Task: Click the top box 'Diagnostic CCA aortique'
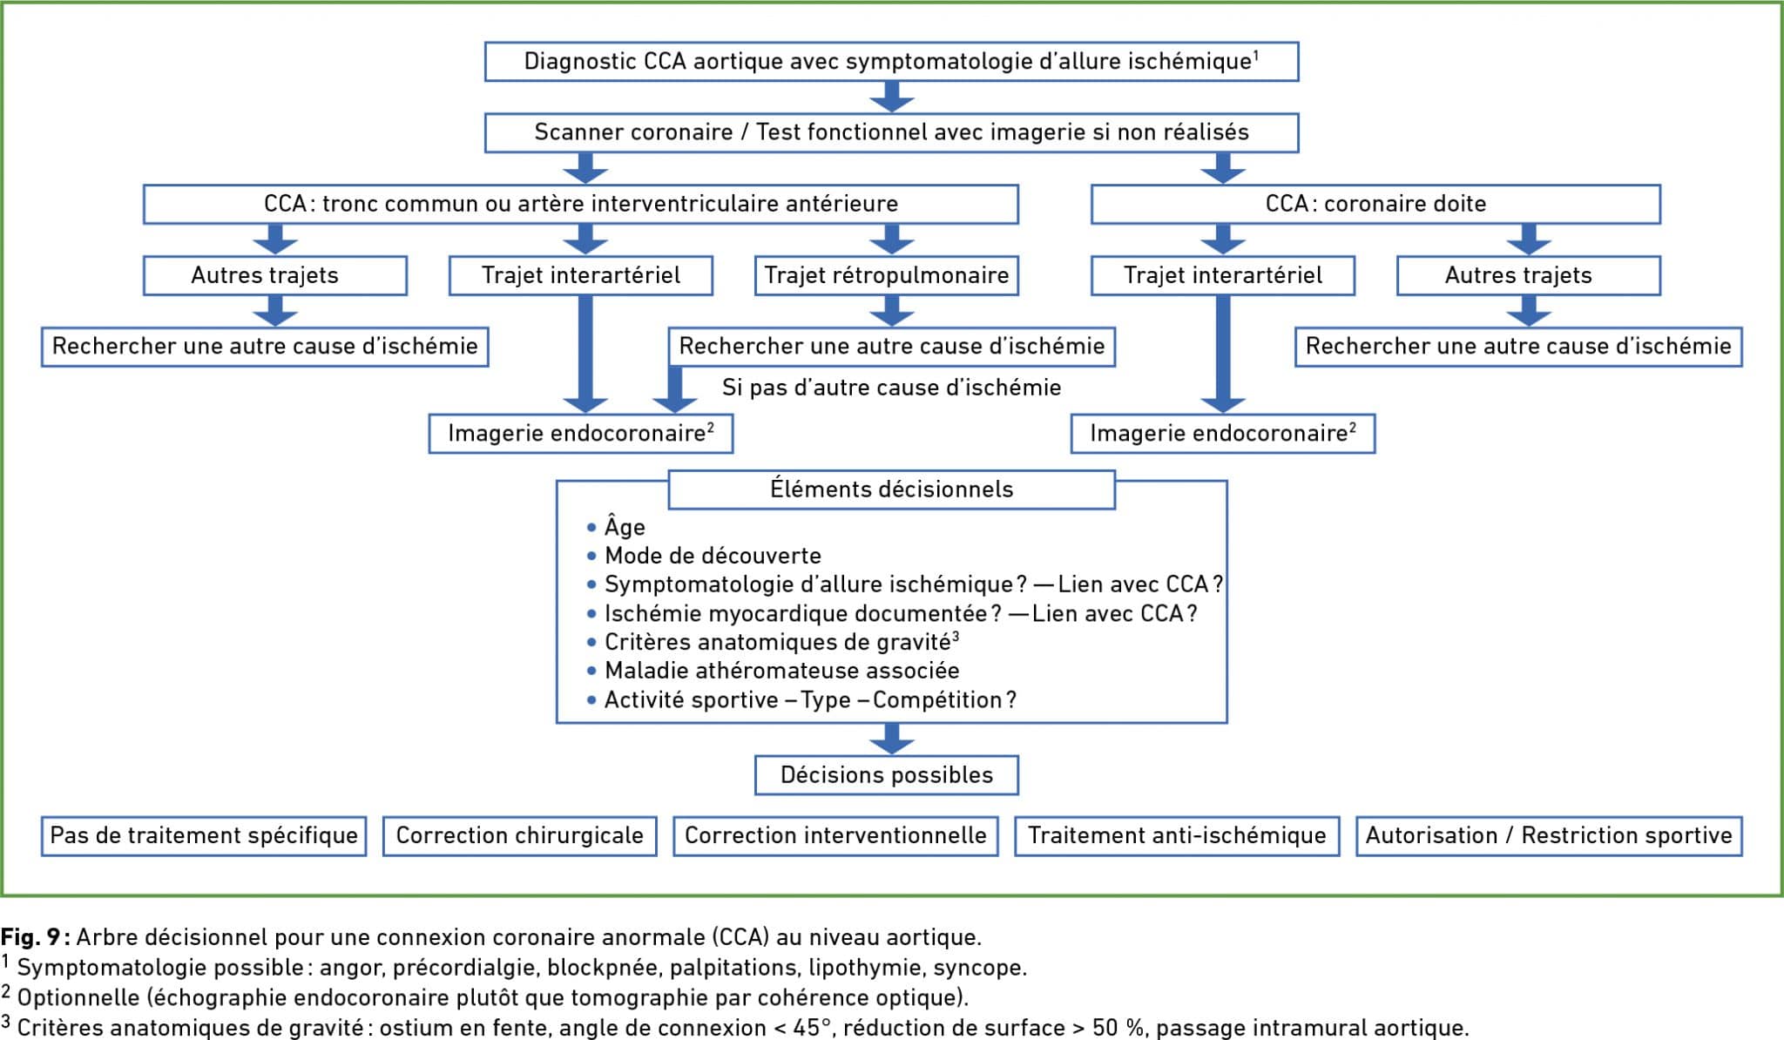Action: [891, 62]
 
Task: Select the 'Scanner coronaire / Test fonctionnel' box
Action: [891, 132]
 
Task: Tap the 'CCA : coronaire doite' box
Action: [1375, 204]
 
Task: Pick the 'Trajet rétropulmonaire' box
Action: [886, 275]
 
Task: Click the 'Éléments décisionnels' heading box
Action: [891, 490]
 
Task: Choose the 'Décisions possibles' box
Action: [886, 775]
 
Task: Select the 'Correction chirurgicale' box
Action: [519, 836]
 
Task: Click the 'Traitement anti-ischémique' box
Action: [1177, 836]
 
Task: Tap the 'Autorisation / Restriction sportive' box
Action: [1549, 836]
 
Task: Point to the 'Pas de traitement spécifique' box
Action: [204, 836]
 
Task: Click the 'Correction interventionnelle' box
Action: [835, 836]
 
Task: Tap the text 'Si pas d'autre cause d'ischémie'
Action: [891, 388]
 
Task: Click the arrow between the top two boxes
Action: [891, 97]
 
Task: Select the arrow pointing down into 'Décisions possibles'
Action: [891, 739]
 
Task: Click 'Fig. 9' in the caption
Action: [30, 937]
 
